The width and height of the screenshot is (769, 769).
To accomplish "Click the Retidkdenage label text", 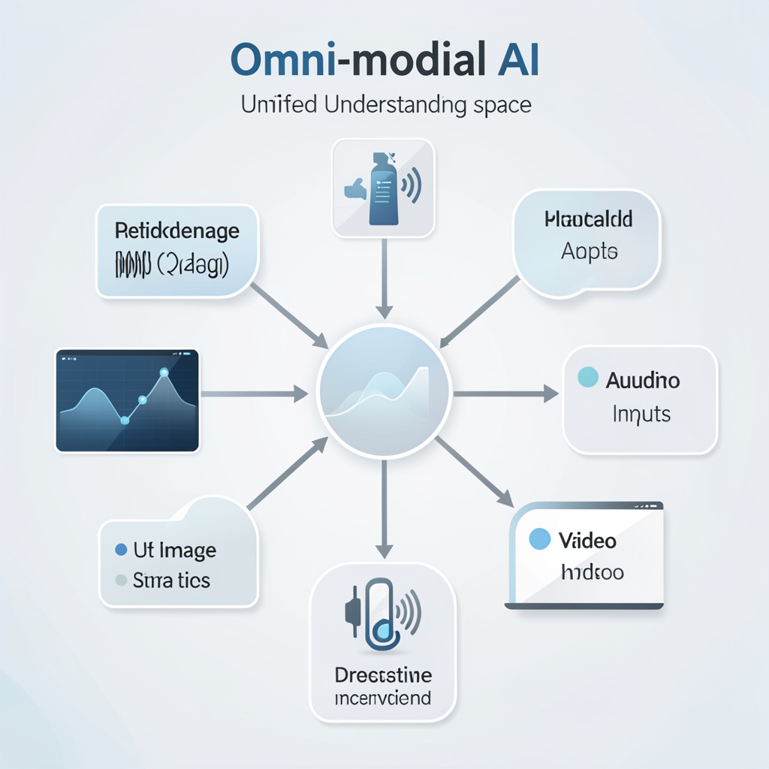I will tap(177, 231).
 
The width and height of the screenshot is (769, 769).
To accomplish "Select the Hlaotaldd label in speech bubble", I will tap(589, 219).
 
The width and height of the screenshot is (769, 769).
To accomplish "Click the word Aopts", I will tap(589, 252).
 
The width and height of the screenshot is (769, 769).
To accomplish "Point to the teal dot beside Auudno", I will tap(588, 378).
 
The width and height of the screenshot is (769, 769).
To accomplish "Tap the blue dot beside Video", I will tap(540, 538).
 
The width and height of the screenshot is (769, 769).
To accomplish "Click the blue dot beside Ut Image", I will tap(121, 550).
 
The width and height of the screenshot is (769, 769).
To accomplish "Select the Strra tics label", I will tap(171, 581).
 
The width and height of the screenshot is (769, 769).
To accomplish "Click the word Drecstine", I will tap(383, 674).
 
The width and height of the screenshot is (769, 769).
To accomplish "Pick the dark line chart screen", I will tap(128, 400).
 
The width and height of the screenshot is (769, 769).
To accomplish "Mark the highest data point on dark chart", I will tap(164, 372).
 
